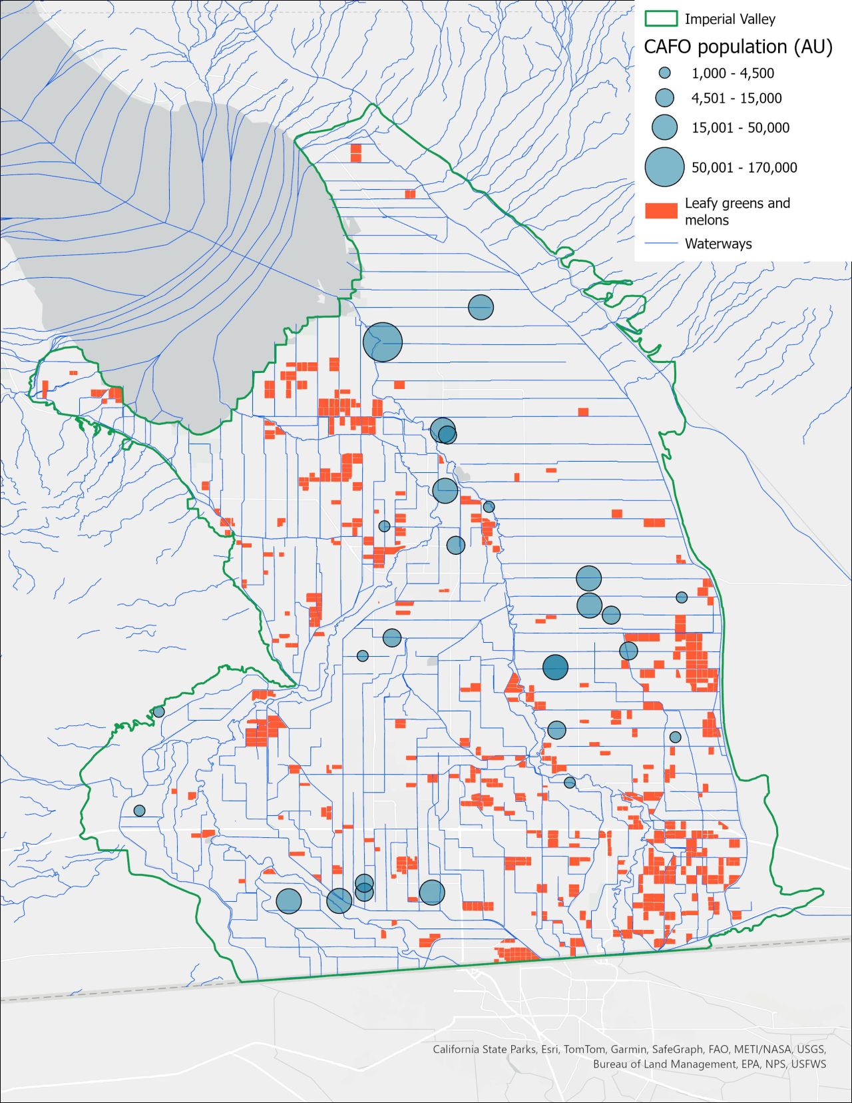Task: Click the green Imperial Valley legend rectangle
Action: pos(661,19)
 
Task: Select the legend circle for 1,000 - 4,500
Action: pos(664,73)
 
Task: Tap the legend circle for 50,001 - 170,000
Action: pos(664,167)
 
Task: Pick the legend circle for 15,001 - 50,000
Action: pos(664,127)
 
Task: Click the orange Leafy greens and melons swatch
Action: pos(661,211)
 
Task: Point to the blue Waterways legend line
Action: pos(661,244)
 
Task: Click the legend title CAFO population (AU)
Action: pos(738,47)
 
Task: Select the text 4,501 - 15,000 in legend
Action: pos(736,99)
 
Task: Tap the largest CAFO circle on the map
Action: pos(383,342)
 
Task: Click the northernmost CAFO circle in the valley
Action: pos(481,307)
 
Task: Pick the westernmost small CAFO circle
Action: pos(139,811)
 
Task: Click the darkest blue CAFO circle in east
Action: pos(555,667)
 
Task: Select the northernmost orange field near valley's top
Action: pos(356,153)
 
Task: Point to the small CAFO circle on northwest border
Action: pos(158,712)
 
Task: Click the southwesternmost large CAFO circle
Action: pos(289,901)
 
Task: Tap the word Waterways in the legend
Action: pos(718,244)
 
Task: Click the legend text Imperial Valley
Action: pos(730,19)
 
